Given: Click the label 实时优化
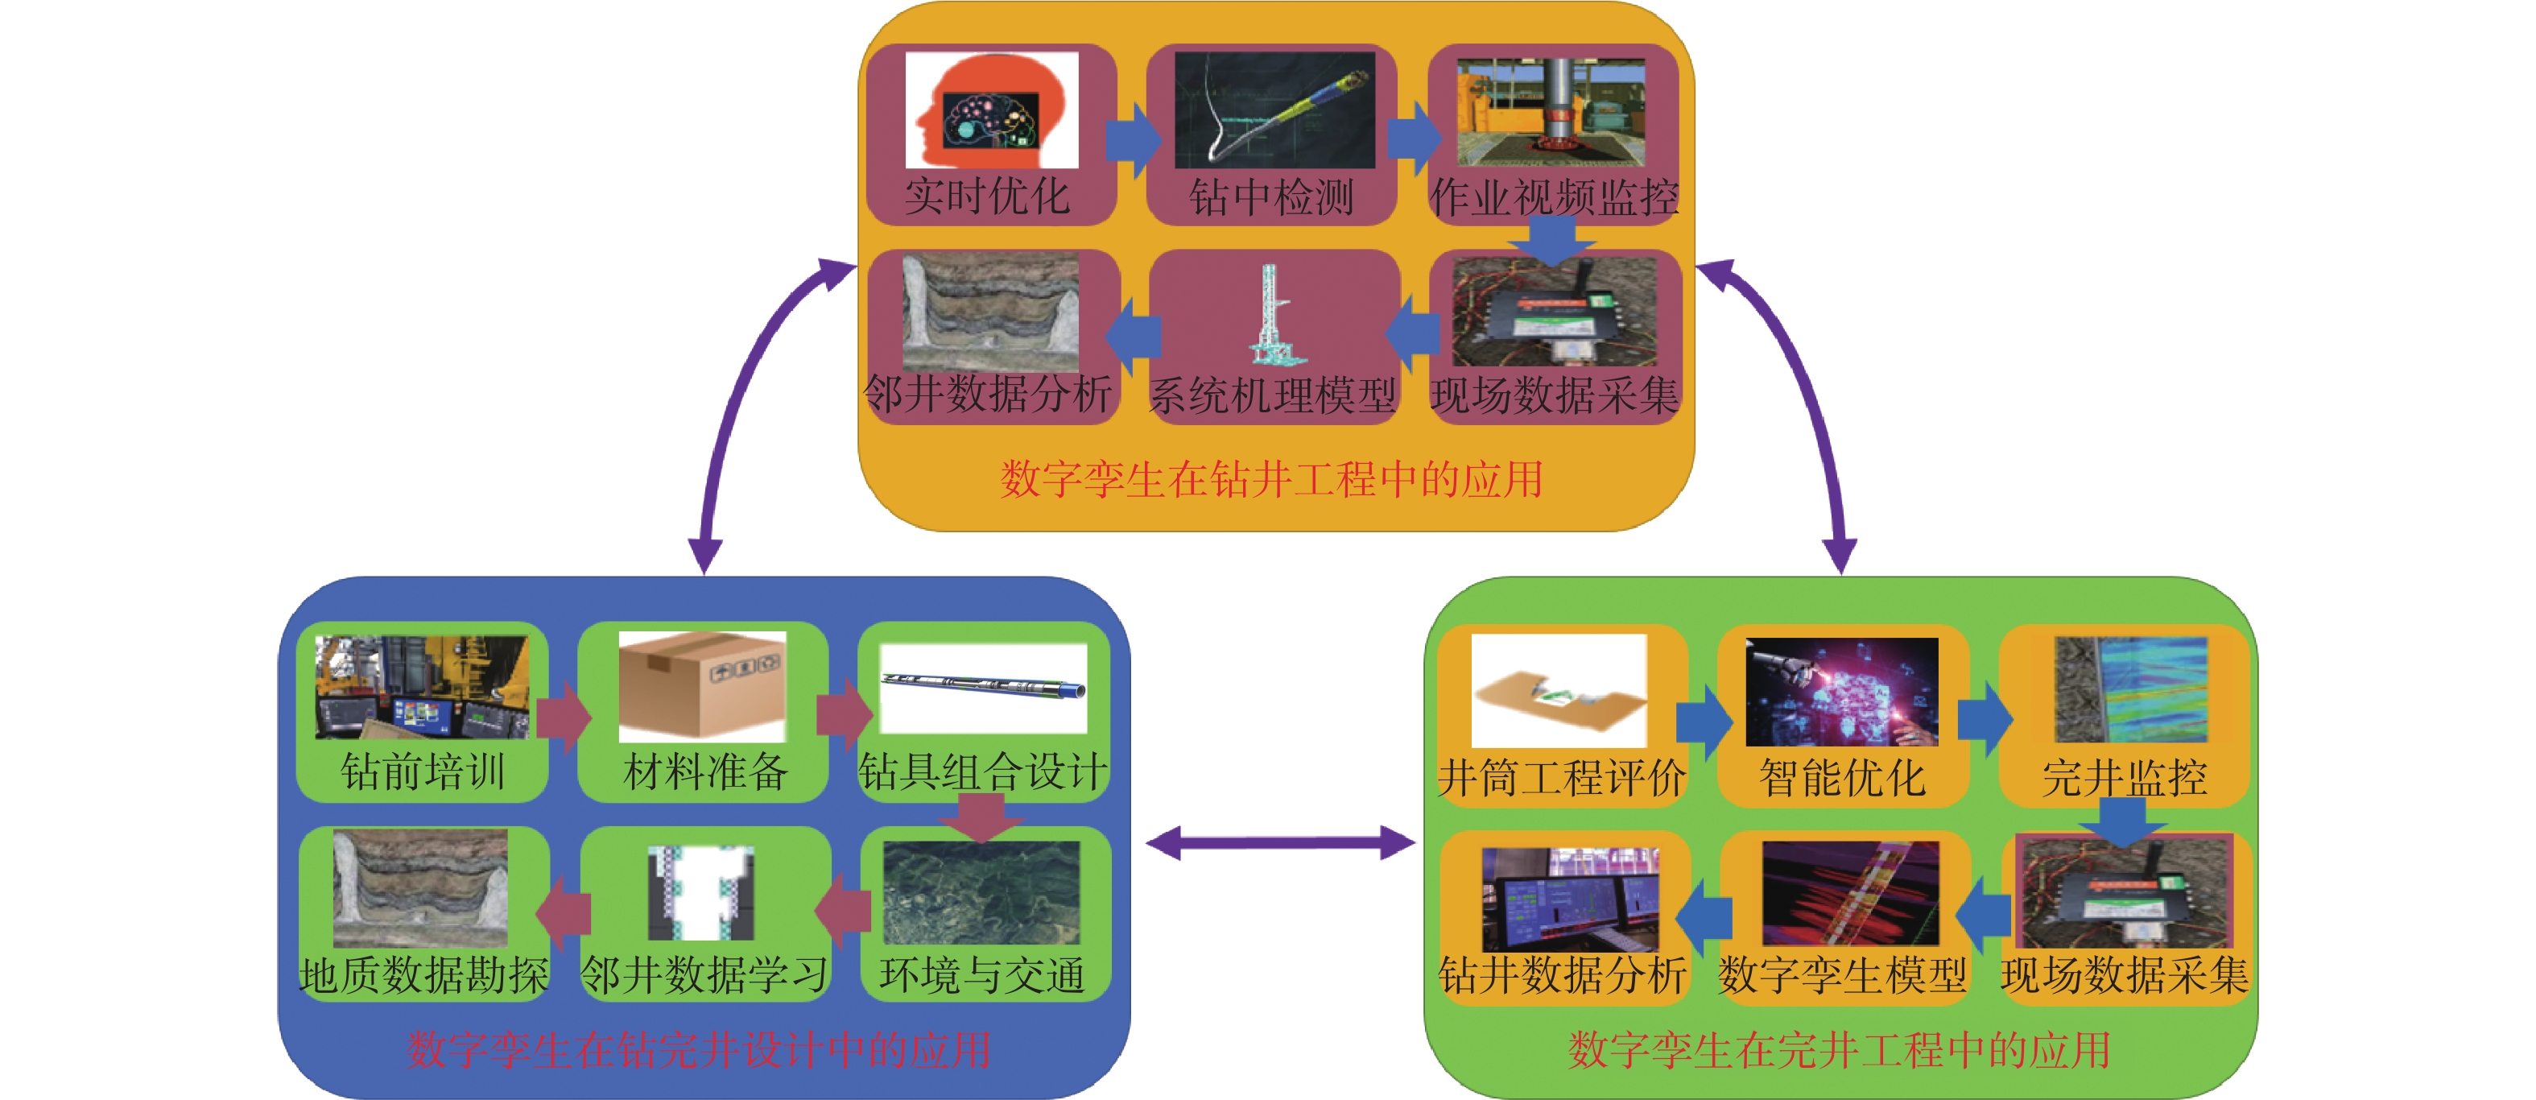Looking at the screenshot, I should click(x=987, y=196).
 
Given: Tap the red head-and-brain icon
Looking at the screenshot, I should click(x=990, y=110).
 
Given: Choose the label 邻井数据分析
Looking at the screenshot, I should click(x=989, y=395).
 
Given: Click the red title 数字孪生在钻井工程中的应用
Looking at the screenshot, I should click(x=1271, y=481).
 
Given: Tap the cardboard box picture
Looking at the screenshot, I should click(x=702, y=686).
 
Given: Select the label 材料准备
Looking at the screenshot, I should click(x=705, y=771).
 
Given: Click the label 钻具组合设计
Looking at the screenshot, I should click(x=982, y=771).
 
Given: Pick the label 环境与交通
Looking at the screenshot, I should click(x=982, y=975).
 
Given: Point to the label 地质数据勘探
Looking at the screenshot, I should click(x=423, y=975).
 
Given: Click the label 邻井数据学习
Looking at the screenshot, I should click(x=705, y=975).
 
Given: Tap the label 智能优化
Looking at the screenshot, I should click(x=1842, y=778).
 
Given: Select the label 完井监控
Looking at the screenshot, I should click(x=2125, y=778).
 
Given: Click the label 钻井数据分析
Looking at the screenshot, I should click(x=1563, y=975).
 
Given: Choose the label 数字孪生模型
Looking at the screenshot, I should click(x=1842, y=975).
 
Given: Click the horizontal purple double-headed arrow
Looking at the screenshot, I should click(x=1280, y=843).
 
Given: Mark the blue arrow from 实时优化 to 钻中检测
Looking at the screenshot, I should click(x=1132, y=141).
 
